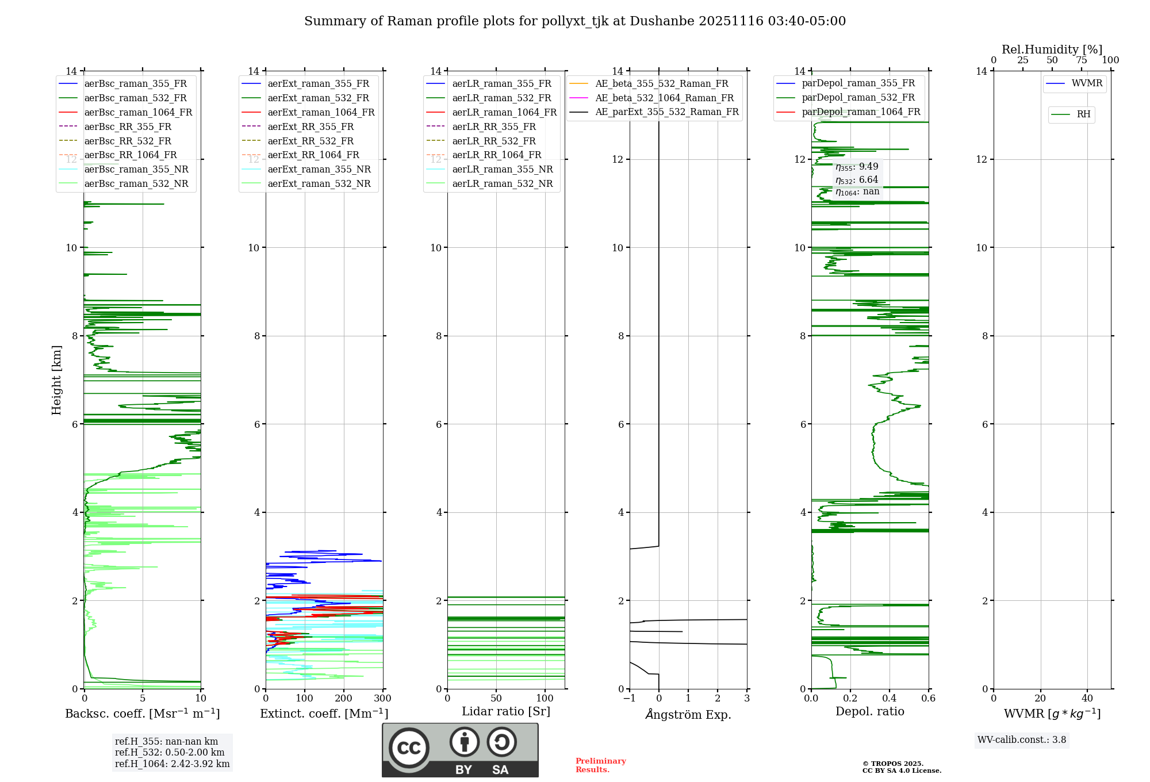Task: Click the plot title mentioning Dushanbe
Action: click(x=575, y=21)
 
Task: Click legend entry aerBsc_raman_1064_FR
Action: click(x=138, y=113)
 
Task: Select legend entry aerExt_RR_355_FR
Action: click(x=310, y=127)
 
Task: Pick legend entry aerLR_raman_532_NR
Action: click(x=502, y=184)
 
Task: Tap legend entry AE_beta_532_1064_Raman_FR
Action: click(x=664, y=98)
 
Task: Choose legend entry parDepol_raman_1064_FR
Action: click(x=861, y=112)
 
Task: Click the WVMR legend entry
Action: click(x=1087, y=84)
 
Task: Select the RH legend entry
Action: click(x=1083, y=115)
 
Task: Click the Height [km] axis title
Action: click(x=56, y=379)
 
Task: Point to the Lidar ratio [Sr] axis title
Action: click(x=506, y=712)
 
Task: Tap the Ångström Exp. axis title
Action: click(x=688, y=715)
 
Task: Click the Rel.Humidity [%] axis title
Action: click(x=1052, y=49)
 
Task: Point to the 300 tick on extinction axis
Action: click(x=382, y=699)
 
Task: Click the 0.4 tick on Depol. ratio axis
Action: click(x=890, y=699)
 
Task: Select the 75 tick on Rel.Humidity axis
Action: click(x=1082, y=60)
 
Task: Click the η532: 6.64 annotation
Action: click(x=857, y=180)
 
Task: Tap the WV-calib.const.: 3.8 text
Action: click(x=1022, y=740)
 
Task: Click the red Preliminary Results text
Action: click(x=600, y=765)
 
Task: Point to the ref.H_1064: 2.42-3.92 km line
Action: click(x=172, y=764)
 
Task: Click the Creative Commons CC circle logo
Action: click(x=409, y=748)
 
